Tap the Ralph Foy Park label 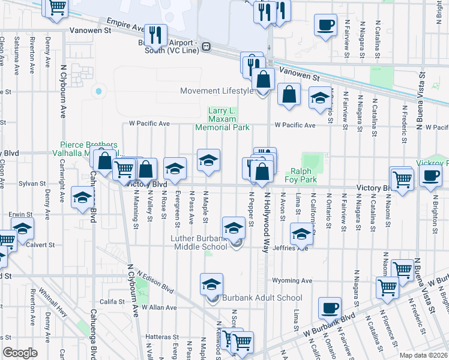click(x=300, y=175)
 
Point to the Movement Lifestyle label click(x=217, y=91)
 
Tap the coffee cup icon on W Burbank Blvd click(x=330, y=308)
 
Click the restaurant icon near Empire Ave click(x=155, y=35)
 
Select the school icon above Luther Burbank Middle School click(x=234, y=227)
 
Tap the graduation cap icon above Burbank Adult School click(x=211, y=284)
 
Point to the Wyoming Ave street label click(x=292, y=280)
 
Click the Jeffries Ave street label click(x=290, y=247)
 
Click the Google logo click(x=20, y=353)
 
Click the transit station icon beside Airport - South click(x=205, y=46)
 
